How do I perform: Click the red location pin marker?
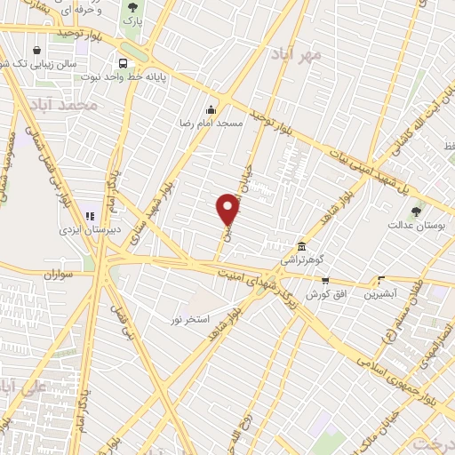228,210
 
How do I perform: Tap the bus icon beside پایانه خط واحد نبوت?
123,63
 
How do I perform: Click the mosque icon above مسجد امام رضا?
210,110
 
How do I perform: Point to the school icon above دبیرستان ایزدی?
89,216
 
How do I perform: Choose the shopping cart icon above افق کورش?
324,280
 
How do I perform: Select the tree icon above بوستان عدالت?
416,211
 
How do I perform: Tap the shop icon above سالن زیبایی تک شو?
36,50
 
